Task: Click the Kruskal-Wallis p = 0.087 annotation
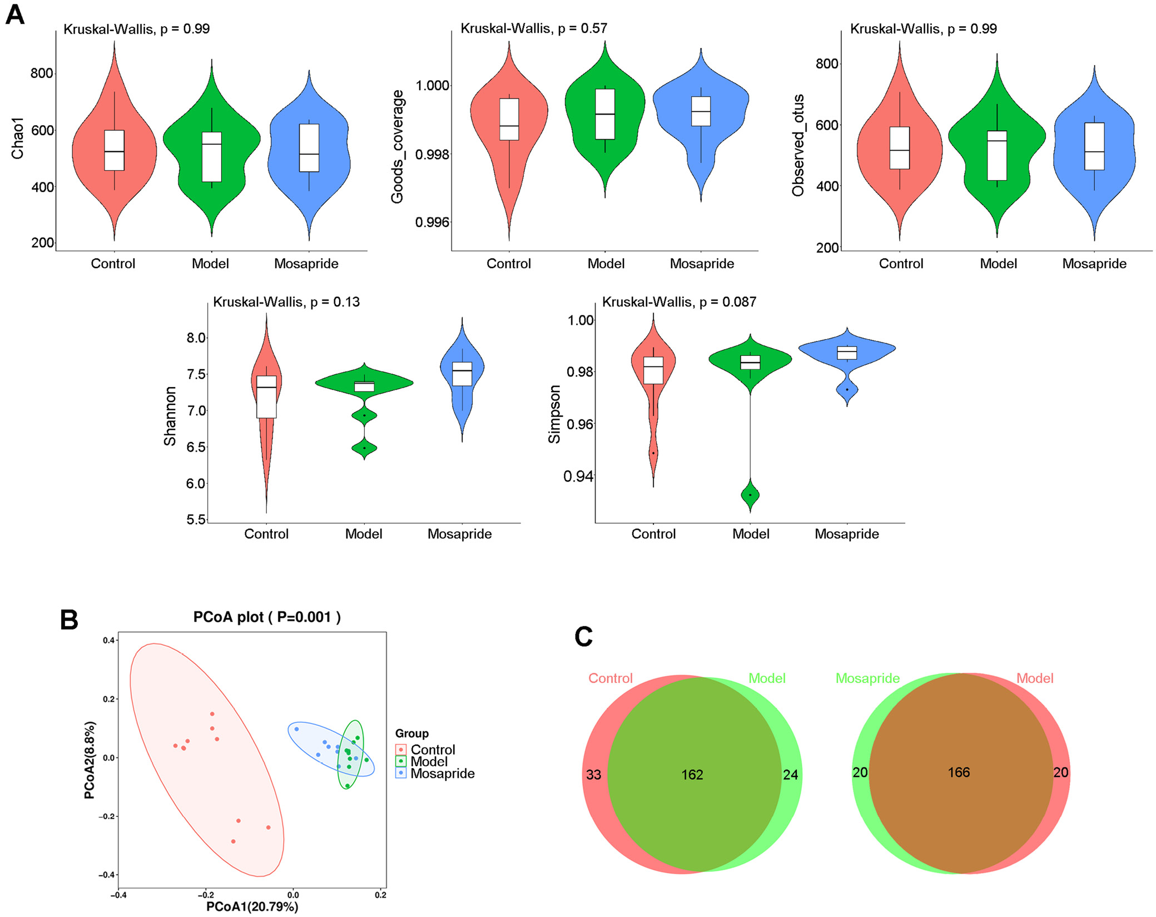(679, 302)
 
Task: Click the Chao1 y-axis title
(18, 138)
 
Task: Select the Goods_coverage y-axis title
(397, 147)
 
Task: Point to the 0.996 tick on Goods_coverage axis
(432, 222)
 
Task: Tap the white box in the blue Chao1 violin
(309, 147)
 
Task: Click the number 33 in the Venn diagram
(593, 775)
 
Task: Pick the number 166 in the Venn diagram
(959, 772)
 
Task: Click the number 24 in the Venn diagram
(790, 775)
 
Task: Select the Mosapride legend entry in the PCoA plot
(442, 774)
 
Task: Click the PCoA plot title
(267, 617)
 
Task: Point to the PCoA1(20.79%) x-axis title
(252, 906)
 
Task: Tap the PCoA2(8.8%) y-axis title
(90, 760)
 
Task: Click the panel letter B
(69, 620)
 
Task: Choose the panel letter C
(583, 637)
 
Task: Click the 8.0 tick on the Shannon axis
(196, 338)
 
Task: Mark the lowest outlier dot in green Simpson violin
(750, 495)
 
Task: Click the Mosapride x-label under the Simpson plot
(847, 534)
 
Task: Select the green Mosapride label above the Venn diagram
(867, 678)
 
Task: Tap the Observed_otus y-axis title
(798, 146)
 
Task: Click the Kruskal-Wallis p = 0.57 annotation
(534, 28)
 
